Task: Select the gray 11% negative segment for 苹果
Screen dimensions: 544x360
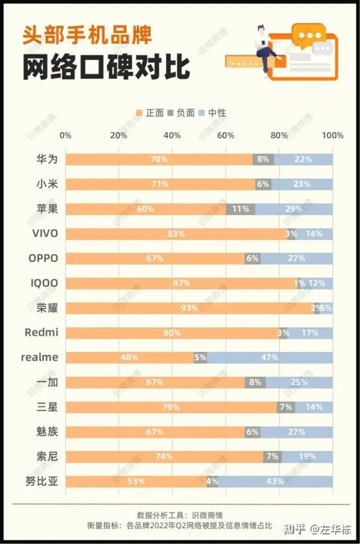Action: pyautogui.click(x=240, y=209)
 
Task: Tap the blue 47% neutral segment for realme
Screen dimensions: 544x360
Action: pyautogui.click(x=270, y=358)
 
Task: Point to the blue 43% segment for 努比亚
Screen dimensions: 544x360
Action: pyautogui.click(x=275, y=482)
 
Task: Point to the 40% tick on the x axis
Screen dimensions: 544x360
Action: pyautogui.click(x=172, y=135)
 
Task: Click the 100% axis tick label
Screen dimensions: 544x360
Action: pyautogui.click(x=332, y=135)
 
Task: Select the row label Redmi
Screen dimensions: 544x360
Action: pyautogui.click(x=41, y=333)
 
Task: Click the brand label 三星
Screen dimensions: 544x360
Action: pyautogui.click(x=47, y=407)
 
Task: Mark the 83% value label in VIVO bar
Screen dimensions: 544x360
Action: pyautogui.click(x=176, y=234)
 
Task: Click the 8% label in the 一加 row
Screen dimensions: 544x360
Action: pyautogui.click(x=255, y=382)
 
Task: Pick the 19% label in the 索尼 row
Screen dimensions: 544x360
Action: pyautogui.click(x=306, y=457)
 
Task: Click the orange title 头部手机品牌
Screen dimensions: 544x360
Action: pyautogui.click(x=86, y=36)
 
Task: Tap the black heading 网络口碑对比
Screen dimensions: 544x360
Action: pyautogui.click(x=105, y=67)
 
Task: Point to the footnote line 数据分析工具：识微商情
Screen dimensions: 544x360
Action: pyautogui.click(x=180, y=515)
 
